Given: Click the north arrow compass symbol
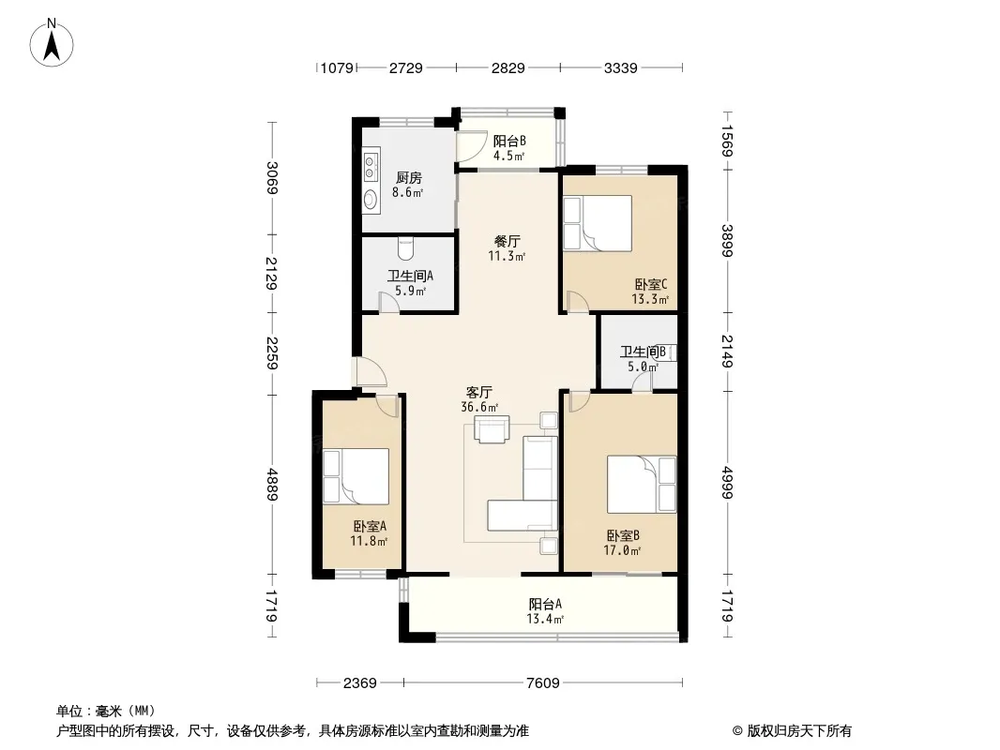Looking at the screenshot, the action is (52, 43).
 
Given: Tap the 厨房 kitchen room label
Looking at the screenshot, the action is (408, 178).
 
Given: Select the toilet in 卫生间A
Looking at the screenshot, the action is (405, 248).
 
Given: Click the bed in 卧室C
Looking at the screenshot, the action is (598, 223).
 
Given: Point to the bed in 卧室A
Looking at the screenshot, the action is (356, 476).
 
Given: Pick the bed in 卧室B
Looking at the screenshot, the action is (641, 485).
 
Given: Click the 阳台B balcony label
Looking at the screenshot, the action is (509, 141).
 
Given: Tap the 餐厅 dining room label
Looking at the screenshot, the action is (507, 242).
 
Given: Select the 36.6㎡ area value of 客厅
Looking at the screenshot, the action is (479, 407).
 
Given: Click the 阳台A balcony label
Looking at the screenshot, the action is (545, 604).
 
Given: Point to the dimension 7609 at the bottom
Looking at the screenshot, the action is (543, 683).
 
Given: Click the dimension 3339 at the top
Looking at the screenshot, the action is (620, 67).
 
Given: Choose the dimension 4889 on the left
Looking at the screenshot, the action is (272, 485).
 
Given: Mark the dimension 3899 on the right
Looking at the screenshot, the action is (727, 240).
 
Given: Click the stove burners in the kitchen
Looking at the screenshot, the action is (370, 166).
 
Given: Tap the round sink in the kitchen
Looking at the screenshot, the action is (370, 200).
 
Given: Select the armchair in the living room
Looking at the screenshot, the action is (492, 428).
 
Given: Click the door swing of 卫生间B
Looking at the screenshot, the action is (643, 382).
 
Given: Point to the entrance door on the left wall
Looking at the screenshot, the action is (372, 372).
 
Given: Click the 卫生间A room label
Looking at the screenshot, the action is (410, 276).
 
